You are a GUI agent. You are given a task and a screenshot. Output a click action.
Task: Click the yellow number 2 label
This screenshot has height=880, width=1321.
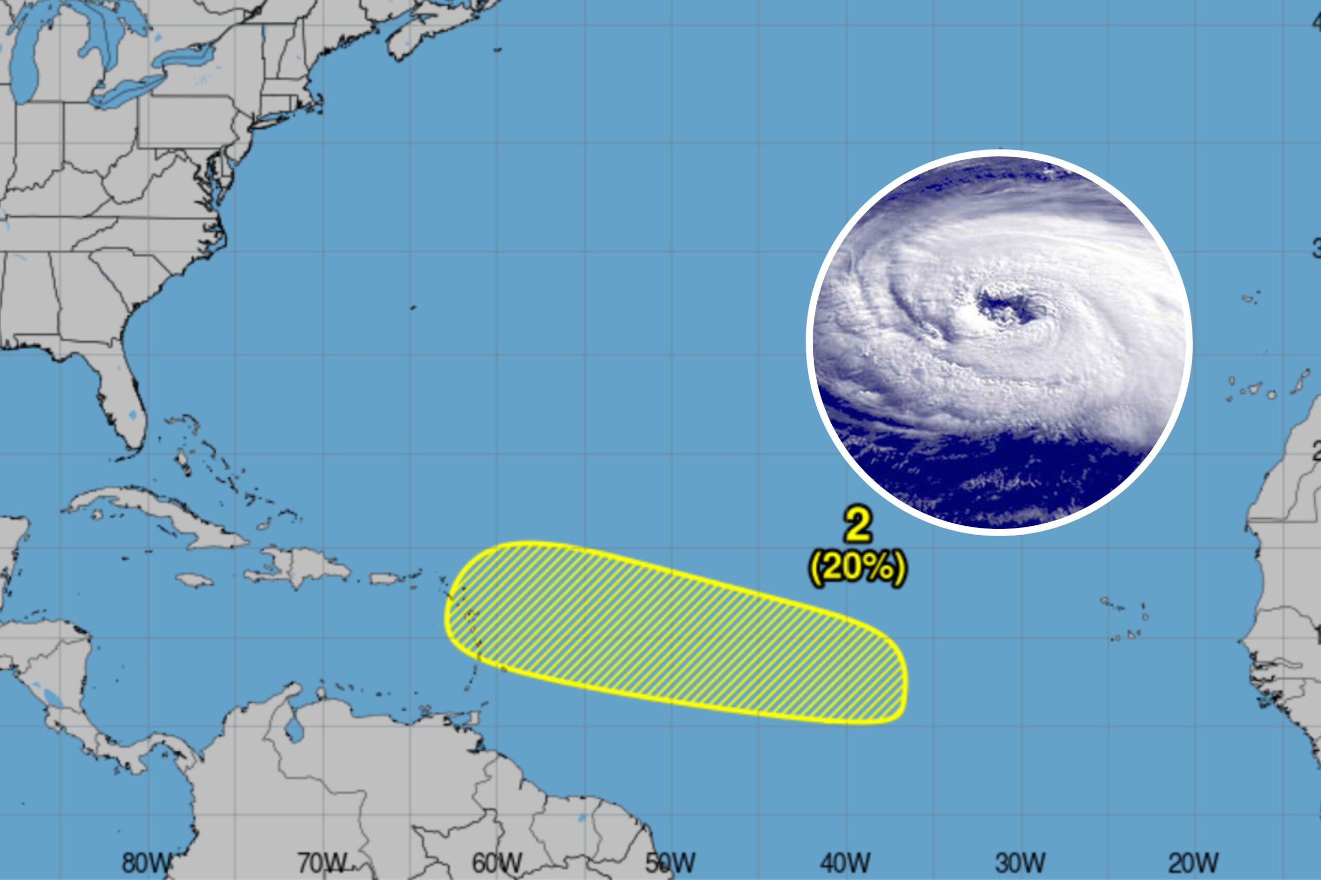tap(859, 526)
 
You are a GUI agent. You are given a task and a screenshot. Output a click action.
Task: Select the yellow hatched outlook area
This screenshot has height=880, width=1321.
tap(674, 634)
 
